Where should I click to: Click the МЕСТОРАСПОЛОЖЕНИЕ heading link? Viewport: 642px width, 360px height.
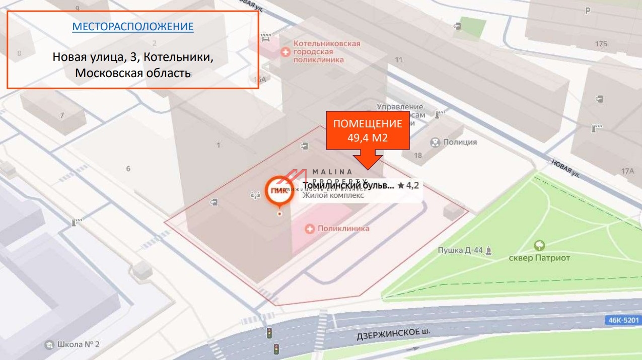(x=132, y=27)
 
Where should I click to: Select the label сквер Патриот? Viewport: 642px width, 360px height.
(x=539, y=258)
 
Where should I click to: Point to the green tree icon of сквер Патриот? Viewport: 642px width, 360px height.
(x=539, y=246)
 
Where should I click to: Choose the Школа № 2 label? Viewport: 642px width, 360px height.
(x=78, y=344)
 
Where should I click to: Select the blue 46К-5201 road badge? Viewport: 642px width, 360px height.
(x=623, y=320)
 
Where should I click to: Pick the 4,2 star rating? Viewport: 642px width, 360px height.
(x=408, y=185)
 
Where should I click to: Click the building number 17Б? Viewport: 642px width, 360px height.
(x=601, y=44)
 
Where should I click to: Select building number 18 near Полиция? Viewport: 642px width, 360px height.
(x=418, y=155)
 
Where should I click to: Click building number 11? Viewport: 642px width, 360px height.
(x=399, y=60)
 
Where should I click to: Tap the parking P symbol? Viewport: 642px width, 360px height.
(x=587, y=11)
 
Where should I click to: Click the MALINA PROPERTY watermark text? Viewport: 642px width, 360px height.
(x=340, y=177)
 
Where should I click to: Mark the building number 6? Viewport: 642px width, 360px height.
(x=128, y=169)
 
